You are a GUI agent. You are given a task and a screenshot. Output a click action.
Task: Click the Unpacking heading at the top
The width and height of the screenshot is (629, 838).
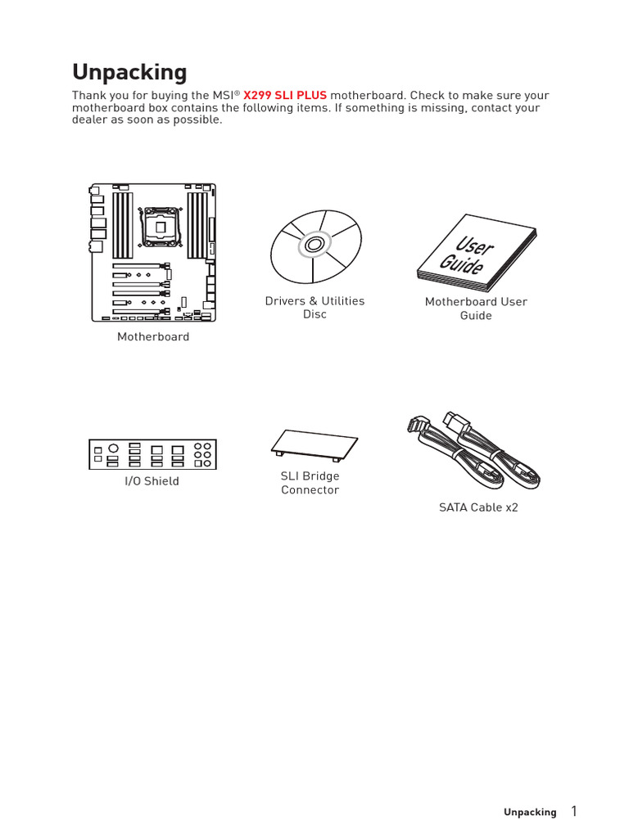[x=129, y=72]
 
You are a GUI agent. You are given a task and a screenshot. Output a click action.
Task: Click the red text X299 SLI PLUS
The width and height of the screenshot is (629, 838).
[x=284, y=96]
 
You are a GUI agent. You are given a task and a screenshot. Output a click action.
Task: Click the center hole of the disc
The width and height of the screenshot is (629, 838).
[x=314, y=245]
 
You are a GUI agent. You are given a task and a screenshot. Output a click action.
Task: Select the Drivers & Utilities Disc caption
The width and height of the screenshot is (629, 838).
[x=314, y=308]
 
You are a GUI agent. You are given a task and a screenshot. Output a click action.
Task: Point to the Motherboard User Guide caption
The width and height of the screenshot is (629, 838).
[x=476, y=309]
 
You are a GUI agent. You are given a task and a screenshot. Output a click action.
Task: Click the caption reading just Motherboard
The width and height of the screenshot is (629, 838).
[x=152, y=337]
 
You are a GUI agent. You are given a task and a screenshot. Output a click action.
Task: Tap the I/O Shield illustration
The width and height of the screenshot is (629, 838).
[x=152, y=454]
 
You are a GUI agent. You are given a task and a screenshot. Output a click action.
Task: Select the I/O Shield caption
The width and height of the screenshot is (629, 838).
[x=152, y=481]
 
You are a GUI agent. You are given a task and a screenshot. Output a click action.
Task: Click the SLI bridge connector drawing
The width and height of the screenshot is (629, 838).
[x=314, y=443]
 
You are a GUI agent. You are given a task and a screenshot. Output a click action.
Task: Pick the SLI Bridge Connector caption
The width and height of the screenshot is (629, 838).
[x=310, y=483]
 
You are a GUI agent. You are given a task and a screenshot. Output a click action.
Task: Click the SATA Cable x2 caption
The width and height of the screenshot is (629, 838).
[x=478, y=507]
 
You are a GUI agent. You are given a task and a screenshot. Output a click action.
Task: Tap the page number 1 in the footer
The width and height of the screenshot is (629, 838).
[x=574, y=811]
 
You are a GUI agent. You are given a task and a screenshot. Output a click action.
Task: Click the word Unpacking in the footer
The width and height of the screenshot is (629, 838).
[x=529, y=813]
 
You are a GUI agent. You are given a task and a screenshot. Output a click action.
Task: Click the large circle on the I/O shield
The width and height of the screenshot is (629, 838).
[x=114, y=448]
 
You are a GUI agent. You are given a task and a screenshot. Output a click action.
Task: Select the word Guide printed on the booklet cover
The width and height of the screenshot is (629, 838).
[x=461, y=265]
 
